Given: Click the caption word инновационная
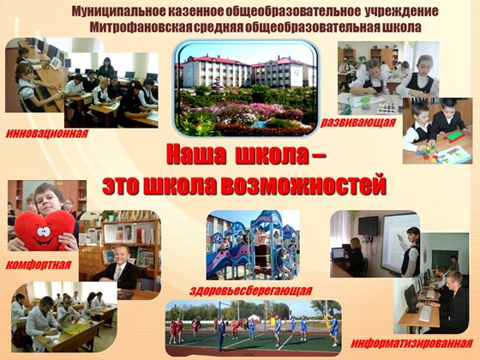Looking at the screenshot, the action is (47, 134).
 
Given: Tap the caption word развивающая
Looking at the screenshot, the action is (358, 123).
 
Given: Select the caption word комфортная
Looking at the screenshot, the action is (39, 265).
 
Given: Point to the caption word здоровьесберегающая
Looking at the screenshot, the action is (250, 291).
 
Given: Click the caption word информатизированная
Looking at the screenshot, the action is (411, 343).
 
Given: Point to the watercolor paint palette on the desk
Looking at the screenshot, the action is (387, 108).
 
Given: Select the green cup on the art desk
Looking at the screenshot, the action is (365, 103).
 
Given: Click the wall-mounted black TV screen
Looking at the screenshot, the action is (369, 226).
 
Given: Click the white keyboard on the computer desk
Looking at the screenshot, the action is (425, 314).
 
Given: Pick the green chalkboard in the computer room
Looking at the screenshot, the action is (445, 259).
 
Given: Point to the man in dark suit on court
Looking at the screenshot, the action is (221, 333).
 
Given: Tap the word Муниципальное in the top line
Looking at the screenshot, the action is (119, 11).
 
